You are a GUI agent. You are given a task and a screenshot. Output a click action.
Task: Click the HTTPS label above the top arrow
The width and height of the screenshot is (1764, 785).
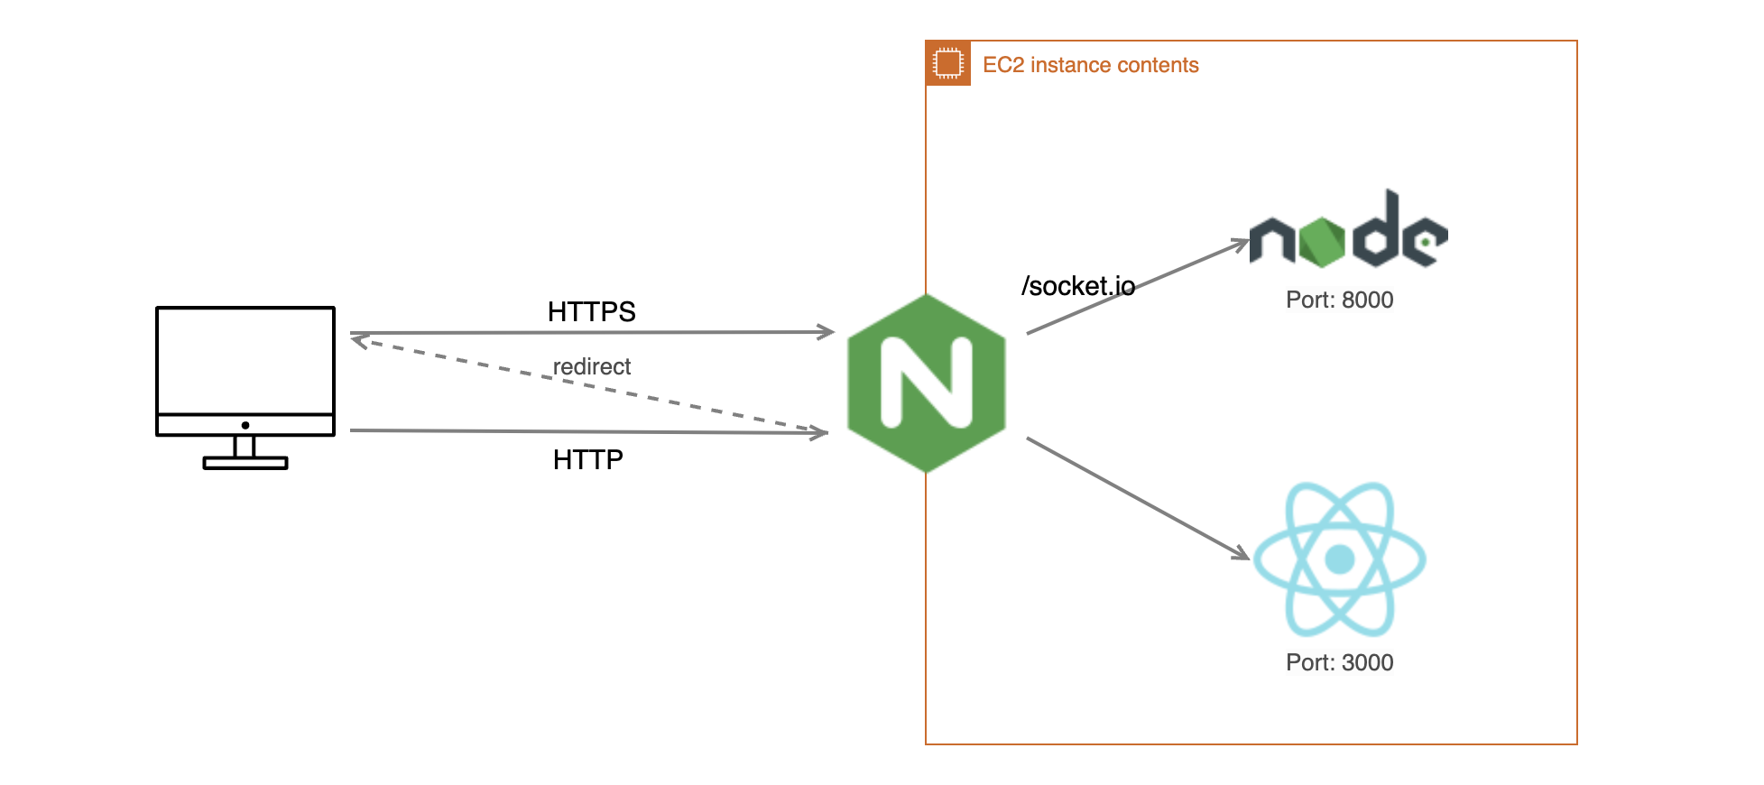point(591,312)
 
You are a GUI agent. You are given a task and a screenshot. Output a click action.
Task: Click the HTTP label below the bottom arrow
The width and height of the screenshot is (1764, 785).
point(587,460)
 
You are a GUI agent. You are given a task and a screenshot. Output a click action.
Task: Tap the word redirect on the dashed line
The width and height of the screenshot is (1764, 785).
point(591,366)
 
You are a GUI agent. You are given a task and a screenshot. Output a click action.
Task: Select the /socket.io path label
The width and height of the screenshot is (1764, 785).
point(1077,286)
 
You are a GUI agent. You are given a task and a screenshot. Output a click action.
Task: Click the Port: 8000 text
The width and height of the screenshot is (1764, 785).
point(1339,300)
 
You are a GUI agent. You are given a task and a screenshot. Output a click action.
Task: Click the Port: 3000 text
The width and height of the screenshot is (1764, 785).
point(1339,662)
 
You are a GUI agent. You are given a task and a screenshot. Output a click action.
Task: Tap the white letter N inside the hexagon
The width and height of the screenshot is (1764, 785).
point(927,383)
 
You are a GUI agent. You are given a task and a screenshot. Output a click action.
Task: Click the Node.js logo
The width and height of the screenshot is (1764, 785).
point(1348,231)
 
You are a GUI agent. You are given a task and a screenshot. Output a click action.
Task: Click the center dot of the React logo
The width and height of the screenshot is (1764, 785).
point(1340,559)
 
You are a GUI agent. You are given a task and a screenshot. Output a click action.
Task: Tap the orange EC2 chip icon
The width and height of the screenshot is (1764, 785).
point(947,63)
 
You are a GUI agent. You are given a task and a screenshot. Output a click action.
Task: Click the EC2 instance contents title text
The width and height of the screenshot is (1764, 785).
point(1090,65)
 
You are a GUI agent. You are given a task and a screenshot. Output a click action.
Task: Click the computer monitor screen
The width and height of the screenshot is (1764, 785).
point(245,359)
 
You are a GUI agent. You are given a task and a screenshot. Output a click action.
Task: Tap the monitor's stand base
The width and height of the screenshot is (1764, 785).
point(245,463)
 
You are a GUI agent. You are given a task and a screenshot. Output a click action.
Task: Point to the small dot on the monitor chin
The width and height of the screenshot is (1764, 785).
point(245,425)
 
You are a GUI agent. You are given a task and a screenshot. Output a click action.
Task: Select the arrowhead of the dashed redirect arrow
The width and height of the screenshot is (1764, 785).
point(358,341)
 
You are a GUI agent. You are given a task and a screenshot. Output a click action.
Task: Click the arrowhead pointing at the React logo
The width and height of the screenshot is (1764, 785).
point(1242,553)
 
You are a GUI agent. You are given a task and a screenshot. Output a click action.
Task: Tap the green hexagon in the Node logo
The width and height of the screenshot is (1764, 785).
point(1321,242)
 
